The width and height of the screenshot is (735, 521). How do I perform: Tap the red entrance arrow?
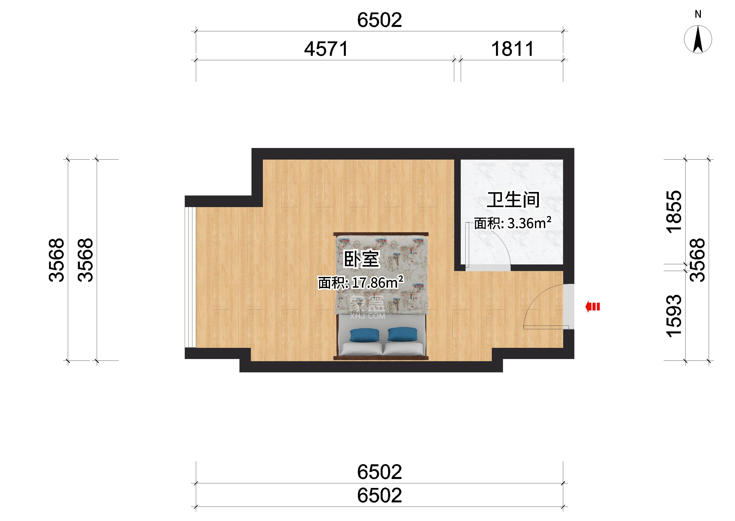[592, 307]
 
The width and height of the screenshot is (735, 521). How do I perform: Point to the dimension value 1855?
[674, 211]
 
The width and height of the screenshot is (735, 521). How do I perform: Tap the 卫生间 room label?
[513, 200]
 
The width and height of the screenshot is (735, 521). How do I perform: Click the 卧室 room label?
[362, 259]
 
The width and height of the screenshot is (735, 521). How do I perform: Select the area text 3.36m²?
[529, 223]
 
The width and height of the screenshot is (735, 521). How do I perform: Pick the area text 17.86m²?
[377, 283]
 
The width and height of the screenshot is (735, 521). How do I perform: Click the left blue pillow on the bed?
[365, 335]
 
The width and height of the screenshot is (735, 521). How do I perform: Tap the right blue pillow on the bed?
[403, 334]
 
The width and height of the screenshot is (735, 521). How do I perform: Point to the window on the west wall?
[190, 277]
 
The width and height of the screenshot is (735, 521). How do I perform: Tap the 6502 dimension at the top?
[379, 20]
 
